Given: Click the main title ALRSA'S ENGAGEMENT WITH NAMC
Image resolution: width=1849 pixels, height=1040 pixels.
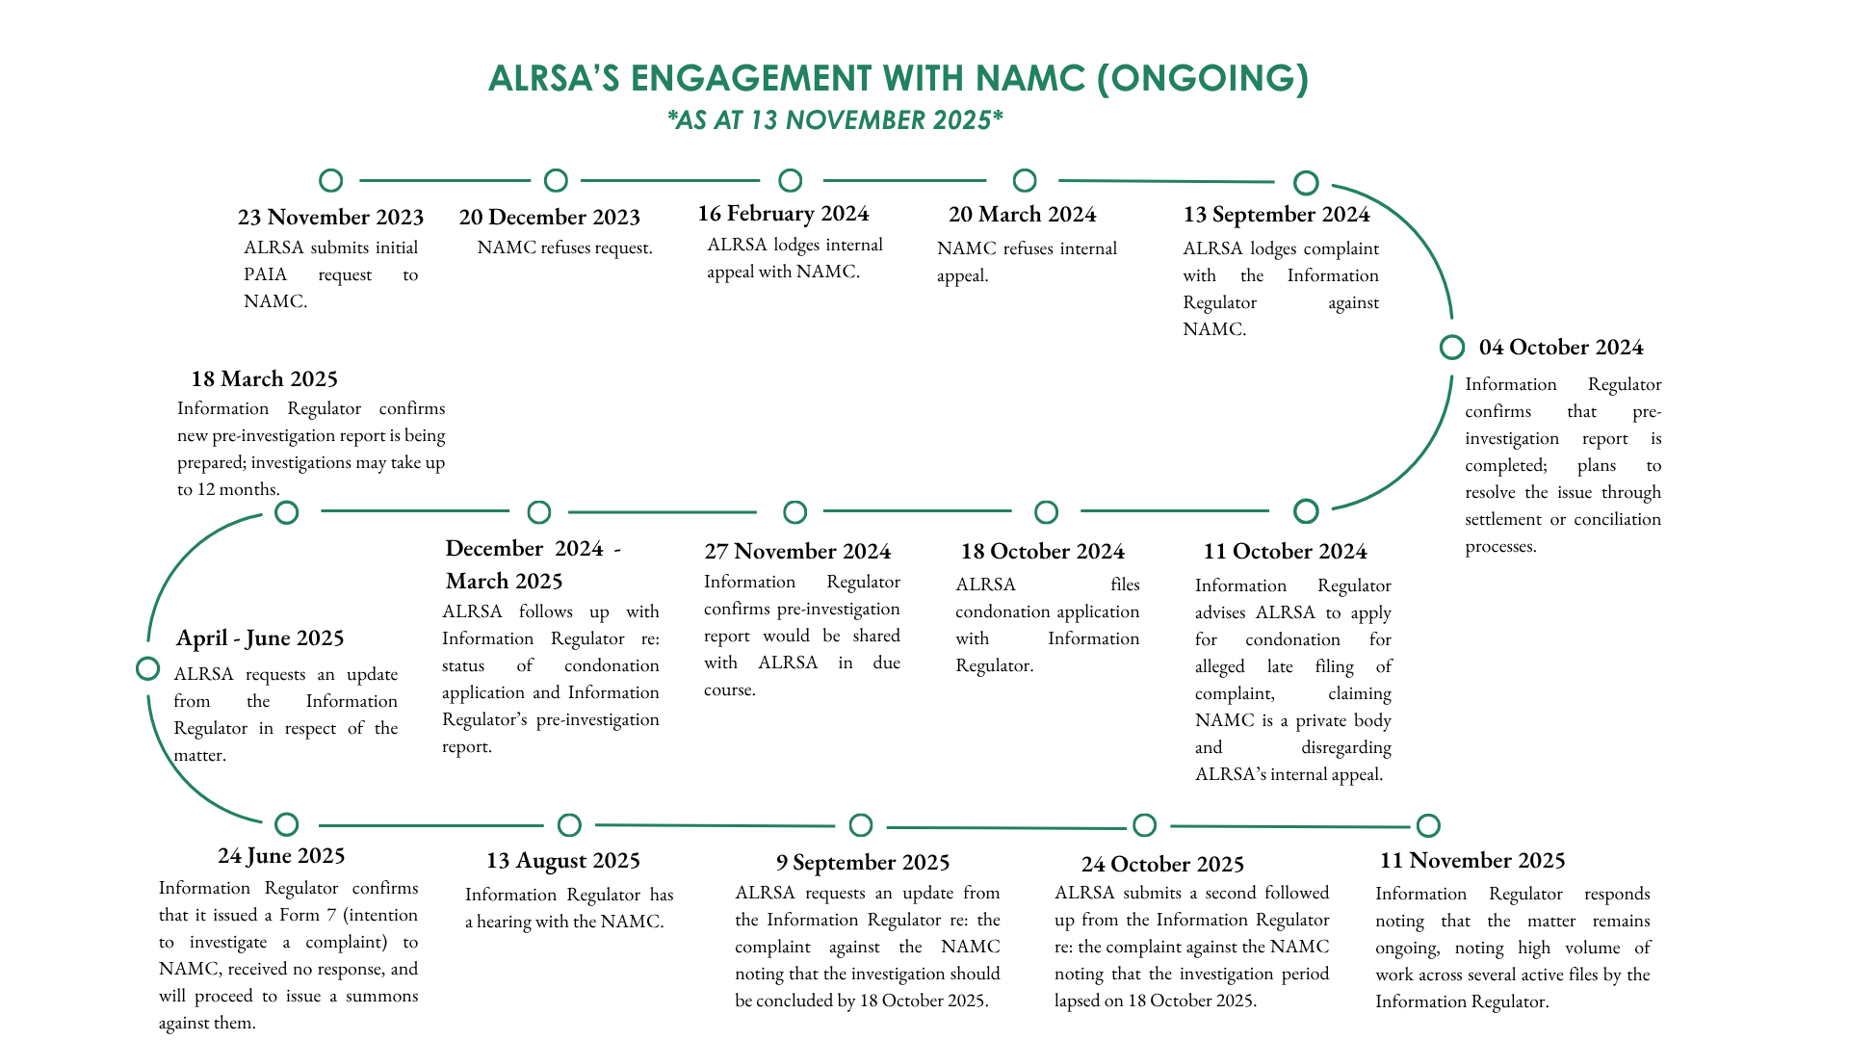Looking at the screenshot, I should click(x=898, y=79).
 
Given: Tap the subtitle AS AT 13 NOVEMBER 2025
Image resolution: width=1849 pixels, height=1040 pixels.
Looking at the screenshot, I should click(x=835, y=120).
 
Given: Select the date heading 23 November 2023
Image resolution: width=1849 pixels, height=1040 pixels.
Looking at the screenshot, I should click(x=330, y=218).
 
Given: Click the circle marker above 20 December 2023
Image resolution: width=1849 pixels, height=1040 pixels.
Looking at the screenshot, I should click(x=556, y=181).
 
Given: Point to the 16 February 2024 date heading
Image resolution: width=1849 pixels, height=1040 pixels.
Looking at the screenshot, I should click(x=783, y=214).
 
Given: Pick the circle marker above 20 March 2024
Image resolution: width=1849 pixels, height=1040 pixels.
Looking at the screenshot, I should click(x=1025, y=181).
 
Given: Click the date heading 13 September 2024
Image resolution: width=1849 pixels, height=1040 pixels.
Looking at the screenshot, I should click(x=1276, y=215).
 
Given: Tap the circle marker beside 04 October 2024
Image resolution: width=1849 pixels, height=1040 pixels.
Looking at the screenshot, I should click(x=1451, y=348).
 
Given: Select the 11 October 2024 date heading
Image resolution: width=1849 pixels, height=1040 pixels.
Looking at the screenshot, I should click(x=1285, y=552).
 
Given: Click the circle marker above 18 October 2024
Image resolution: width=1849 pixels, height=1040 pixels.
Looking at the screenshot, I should click(x=1046, y=512).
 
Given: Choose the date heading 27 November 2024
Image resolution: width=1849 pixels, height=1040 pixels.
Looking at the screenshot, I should click(x=797, y=552).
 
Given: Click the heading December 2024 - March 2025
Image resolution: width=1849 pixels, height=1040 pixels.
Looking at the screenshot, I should click(x=533, y=564).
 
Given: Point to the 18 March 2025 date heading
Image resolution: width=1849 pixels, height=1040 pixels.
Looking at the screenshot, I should click(x=264, y=379).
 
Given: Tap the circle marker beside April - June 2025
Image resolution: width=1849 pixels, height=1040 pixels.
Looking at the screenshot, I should click(x=148, y=668).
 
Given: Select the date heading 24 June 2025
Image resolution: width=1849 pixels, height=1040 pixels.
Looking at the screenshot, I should click(x=281, y=856).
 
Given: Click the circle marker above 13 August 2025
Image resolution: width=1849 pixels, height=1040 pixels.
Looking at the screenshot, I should click(x=569, y=825).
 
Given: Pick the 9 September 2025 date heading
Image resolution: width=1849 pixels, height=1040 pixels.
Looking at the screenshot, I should click(x=863, y=863).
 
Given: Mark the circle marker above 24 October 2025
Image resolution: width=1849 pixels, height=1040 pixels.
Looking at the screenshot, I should click(x=1144, y=825).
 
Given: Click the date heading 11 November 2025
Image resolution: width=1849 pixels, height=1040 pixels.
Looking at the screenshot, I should click(x=1471, y=861).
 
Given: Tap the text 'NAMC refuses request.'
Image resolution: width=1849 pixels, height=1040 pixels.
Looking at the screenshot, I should click(x=564, y=248).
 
